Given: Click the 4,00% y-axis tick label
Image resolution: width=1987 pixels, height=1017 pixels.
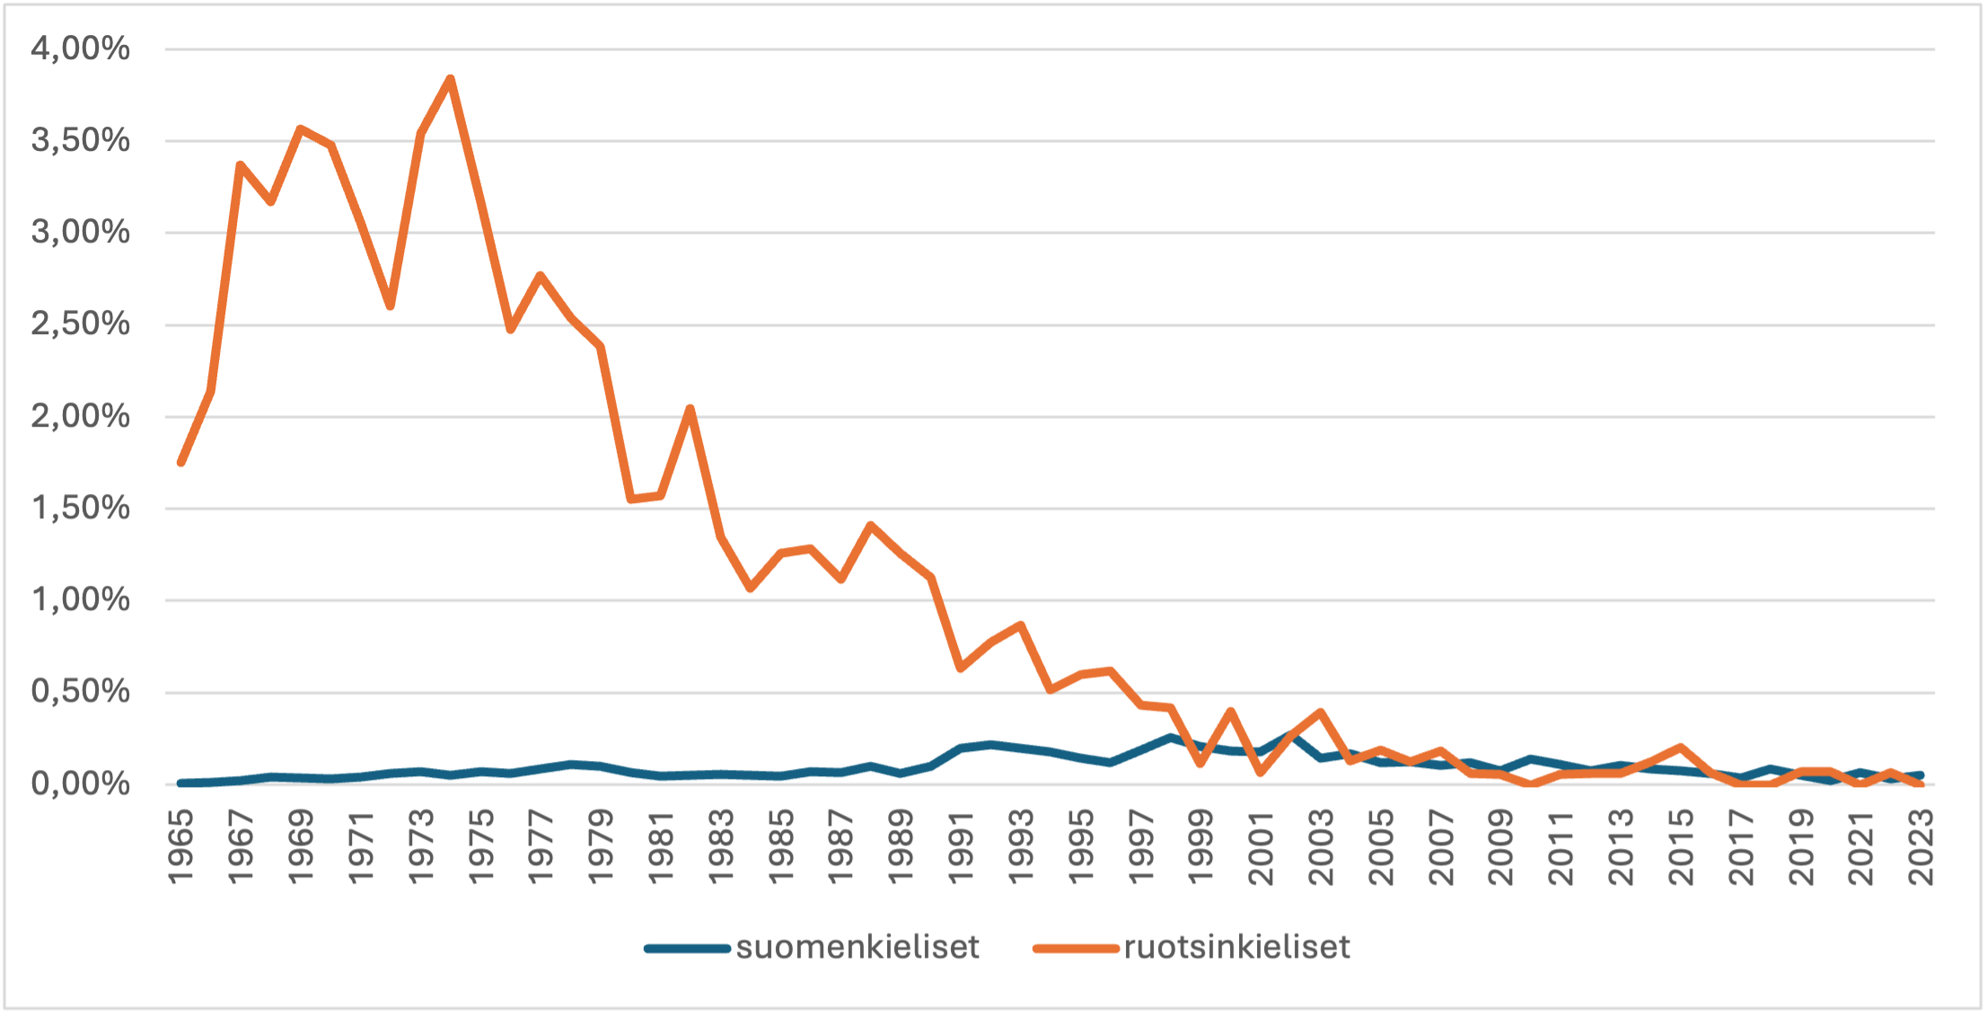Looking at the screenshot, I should tap(80, 49).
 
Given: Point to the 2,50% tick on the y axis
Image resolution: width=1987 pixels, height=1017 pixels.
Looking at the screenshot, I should tap(80, 324).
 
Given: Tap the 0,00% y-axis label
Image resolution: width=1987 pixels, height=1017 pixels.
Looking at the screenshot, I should tap(80, 784).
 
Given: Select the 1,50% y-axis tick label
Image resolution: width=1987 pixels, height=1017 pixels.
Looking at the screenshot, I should tap(80, 509).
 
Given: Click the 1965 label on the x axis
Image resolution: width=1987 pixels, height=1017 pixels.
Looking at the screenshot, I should tap(180, 847).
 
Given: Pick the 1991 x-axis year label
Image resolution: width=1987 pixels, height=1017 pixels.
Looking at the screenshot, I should tap(961, 847).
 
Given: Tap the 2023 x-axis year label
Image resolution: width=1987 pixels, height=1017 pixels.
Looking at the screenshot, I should tap(1921, 847).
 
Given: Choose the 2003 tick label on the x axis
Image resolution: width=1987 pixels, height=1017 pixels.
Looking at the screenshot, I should tap(1321, 847).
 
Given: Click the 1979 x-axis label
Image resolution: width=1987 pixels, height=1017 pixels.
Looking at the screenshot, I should tap(601, 847).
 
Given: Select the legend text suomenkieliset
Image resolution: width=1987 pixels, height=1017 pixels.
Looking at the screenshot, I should tap(857, 948).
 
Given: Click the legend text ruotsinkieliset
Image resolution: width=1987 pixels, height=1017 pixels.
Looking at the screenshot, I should tap(1236, 948).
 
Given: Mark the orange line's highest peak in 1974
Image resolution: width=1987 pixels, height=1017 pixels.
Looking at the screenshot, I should tap(451, 78).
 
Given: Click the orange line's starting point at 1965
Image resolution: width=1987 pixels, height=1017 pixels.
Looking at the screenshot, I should tap(180, 463).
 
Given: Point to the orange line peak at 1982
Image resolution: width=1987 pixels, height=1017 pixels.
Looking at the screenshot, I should tap(690, 409).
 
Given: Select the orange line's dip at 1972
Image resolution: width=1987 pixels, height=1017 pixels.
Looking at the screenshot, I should tap(391, 306).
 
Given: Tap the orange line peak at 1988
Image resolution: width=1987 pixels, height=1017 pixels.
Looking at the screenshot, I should tap(871, 525).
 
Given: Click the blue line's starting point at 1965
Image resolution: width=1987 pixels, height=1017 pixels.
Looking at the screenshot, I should tap(180, 783).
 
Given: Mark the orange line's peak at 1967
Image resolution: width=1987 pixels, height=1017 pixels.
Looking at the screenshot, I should tap(240, 164).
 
